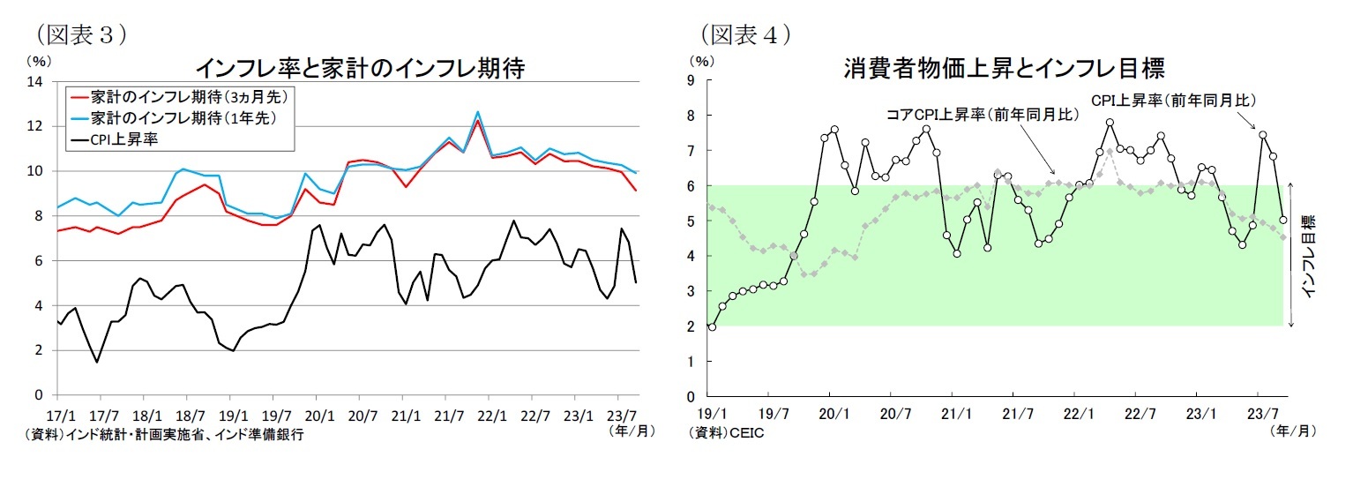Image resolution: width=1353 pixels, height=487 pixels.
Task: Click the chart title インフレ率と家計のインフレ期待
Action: coord(359,68)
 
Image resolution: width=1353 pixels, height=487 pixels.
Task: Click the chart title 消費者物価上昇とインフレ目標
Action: coord(1004,67)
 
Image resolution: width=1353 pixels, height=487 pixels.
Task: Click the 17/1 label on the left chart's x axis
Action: coord(58,415)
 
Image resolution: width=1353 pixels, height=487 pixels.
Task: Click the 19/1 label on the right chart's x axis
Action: coord(712,413)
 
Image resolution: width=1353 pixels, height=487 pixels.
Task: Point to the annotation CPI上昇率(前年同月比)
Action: coord(1174,100)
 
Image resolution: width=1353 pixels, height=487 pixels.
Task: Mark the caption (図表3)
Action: coord(78,34)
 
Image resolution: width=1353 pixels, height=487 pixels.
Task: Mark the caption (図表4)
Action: coord(745,34)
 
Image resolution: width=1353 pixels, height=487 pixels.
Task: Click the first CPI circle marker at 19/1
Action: coord(712,327)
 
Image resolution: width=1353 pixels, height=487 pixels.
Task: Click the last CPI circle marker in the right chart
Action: coord(1283,221)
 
